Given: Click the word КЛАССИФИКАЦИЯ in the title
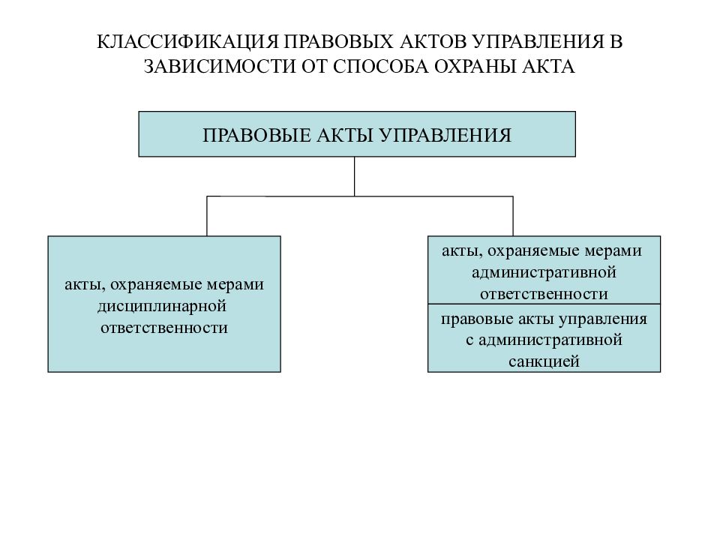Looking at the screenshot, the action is (x=187, y=42).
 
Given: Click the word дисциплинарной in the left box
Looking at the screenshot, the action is (x=162, y=306).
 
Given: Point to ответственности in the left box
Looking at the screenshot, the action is (x=164, y=328).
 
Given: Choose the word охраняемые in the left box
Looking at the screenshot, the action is (x=156, y=285).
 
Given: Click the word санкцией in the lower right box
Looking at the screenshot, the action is (x=544, y=361).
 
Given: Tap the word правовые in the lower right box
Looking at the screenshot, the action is (x=477, y=319).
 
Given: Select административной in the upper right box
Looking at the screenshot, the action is (x=544, y=272).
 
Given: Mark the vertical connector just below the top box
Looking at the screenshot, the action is (x=355, y=176).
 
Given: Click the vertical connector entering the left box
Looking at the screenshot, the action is (x=207, y=216).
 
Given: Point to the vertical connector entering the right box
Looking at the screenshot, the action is (x=513, y=216).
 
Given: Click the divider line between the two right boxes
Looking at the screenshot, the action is (x=544, y=304).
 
